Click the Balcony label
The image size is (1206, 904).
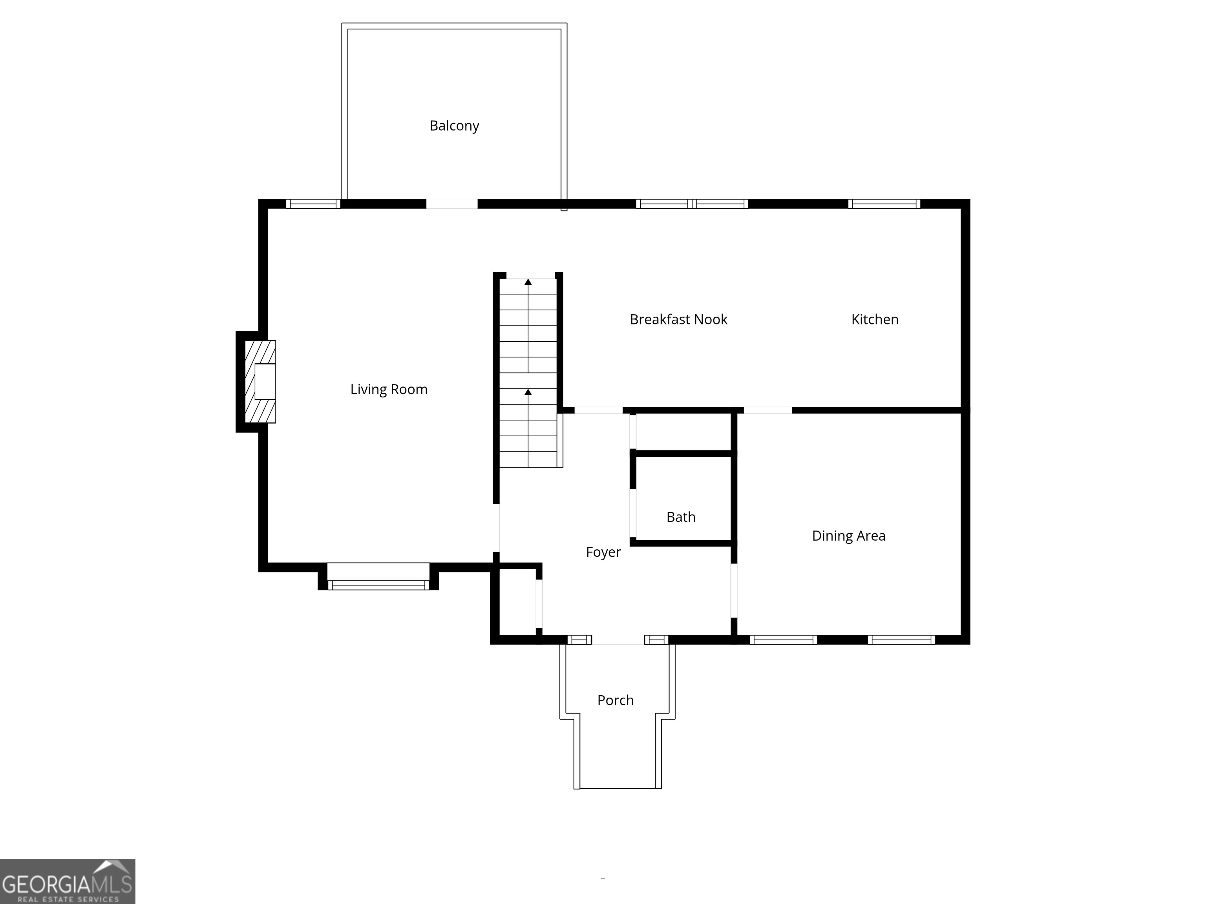pyautogui.click(x=454, y=126)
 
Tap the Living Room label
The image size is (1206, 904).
pyautogui.click(x=389, y=390)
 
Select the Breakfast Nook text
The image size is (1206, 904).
pyautogui.click(x=678, y=319)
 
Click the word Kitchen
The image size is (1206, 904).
pyautogui.click(x=875, y=319)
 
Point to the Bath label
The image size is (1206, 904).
pyautogui.click(x=681, y=517)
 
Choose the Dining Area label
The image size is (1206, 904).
pyautogui.click(x=848, y=536)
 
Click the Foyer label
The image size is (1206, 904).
pyautogui.click(x=603, y=552)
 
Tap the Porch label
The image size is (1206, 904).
pyautogui.click(x=616, y=700)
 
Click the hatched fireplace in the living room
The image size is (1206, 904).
pyautogui.click(x=260, y=381)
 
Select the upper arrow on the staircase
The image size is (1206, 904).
pyautogui.click(x=528, y=282)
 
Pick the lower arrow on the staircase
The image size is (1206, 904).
pyautogui.click(x=528, y=392)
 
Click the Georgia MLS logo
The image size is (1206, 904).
pyautogui.click(x=67, y=881)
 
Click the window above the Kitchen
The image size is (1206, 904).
pyautogui.click(x=884, y=204)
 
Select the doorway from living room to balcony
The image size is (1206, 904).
pyautogui.click(x=451, y=204)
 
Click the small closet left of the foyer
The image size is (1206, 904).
pyautogui.click(x=517, y=602)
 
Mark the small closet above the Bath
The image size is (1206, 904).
pyautogui.click(x=683, y=432)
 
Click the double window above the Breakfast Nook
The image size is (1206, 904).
pyautogui.click(x=692, y=204)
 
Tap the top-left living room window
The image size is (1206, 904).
pyautogui.click(x=313, y=204)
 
